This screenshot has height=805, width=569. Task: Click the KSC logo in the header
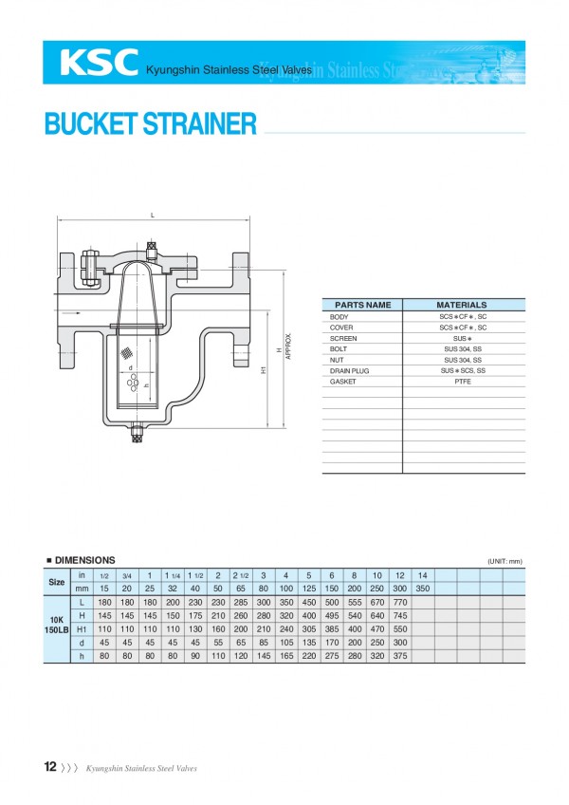(x=98, y=63)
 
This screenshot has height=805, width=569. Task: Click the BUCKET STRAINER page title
(x=150, y=124)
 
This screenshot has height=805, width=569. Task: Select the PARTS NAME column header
(x=362, y=305)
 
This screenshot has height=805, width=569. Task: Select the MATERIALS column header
(x=462, y=305)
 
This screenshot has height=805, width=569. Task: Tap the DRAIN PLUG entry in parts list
(x=346, y=370)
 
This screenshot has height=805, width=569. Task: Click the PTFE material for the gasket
(x=463, y=381)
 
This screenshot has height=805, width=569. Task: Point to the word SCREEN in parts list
(x=343, y=338)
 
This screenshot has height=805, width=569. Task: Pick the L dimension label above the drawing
(x=152, y=215)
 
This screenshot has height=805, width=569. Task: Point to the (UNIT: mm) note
(x=505, y=561)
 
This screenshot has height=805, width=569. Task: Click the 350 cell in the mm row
(x=422, y=589)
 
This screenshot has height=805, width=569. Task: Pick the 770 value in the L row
(x=399, y=602)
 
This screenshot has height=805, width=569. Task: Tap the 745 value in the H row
(x=399, y=615)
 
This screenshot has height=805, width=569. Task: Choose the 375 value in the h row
(x=399, y=655)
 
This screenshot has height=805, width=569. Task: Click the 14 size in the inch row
(x=422, y=575)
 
